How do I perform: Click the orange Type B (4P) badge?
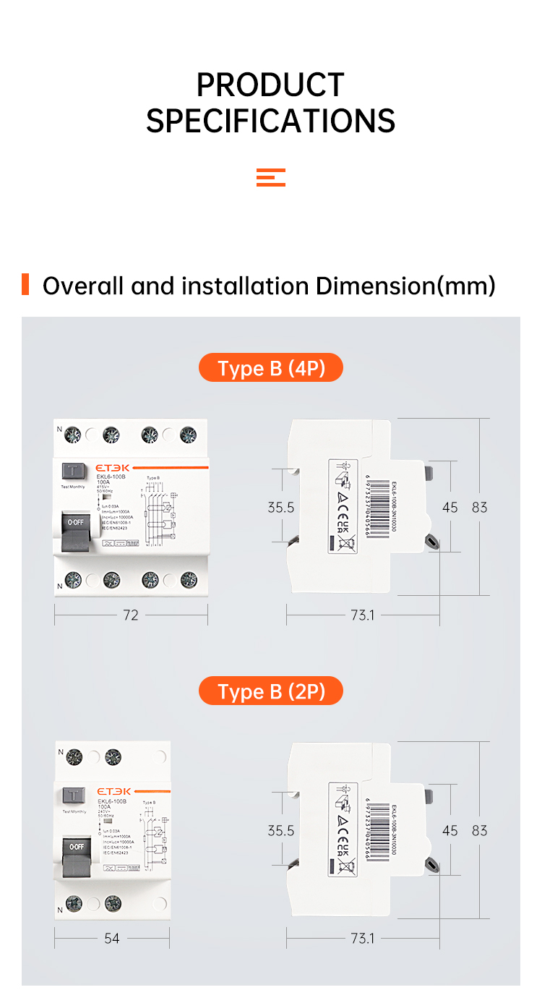(x=271, y=369)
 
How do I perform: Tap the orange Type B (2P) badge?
(x=271, y=692)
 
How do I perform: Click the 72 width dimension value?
(x=131, y=615)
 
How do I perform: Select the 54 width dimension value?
(x=112, y=939)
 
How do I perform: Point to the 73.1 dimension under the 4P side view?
(x=363, y=615)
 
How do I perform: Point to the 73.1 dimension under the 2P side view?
(x=363, y=939)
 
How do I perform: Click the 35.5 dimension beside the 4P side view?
(x=281, y=508)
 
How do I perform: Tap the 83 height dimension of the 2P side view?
(x=480, y=831)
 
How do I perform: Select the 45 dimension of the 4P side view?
(x=450, y=508)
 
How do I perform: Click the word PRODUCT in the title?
(x=270, y=85)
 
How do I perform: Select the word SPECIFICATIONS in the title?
(x=270, y=121)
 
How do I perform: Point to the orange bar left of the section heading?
(x=25, y=284)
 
